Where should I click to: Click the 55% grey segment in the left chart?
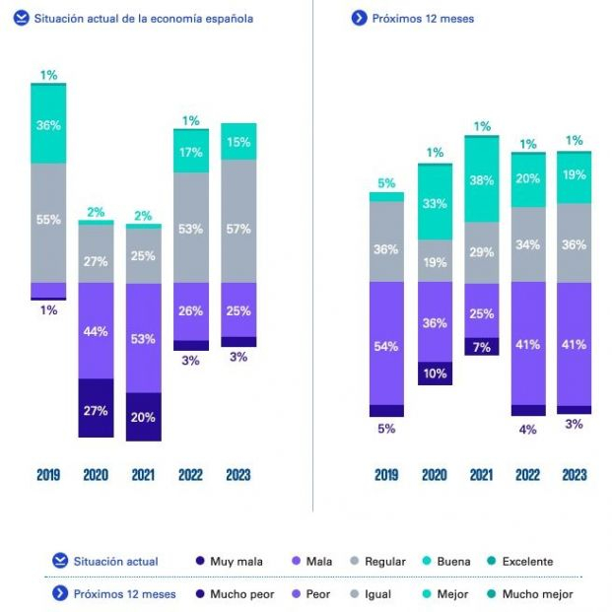48,222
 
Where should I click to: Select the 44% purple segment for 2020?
96,331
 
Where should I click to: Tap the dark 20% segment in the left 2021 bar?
143,417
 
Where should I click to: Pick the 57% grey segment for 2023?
238,221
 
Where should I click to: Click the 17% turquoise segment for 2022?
190,152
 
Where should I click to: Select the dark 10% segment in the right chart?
435,374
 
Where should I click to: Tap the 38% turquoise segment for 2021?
482,179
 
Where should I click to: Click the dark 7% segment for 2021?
482,347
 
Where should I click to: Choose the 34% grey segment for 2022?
528,244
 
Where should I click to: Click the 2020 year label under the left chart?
96,475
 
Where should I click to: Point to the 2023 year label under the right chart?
574,475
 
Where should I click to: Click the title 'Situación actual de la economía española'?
143,19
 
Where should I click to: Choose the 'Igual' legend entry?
376,593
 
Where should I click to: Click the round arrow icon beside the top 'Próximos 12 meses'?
359,19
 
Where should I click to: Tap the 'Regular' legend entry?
376,562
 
